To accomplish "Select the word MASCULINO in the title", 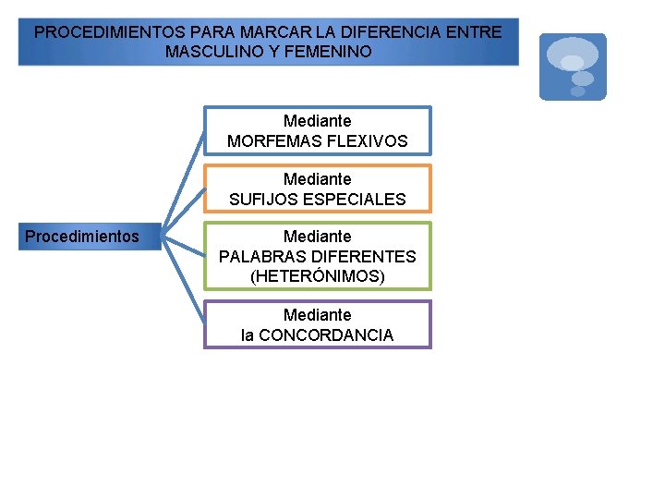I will point(209,52).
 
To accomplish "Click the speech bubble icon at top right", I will point(573,67).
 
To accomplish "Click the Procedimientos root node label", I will point(82,237).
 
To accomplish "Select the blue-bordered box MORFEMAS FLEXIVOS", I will point(318,130).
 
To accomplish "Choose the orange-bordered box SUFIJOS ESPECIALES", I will point(318,189).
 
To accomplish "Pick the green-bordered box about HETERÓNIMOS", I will point(318,256).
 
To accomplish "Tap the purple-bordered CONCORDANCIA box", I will point(318,324).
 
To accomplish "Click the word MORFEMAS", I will point(273,141).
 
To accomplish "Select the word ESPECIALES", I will point(352,200).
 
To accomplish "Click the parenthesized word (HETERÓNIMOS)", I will point(318,275).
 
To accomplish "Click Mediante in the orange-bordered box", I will point(318,178).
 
